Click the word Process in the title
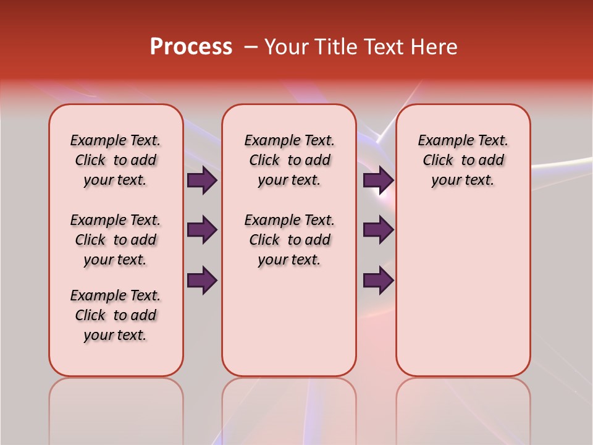pos(191,47)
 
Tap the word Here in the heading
pos(432,47)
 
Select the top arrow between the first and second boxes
pos(202,180)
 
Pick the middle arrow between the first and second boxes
pos(202,230)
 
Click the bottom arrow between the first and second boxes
pos(202,280)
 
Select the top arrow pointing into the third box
pos(378,180)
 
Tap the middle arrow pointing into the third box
pos(378,230)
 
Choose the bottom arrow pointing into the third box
pos(378,280)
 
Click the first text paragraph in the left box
pos(116,160)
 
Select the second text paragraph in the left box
pos(116,240)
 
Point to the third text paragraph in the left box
pos(116,315)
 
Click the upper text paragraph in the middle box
pos(290,160)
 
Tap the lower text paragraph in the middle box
pos(290,240)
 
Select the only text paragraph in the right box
pos(463,160)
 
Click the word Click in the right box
pos(438,161)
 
